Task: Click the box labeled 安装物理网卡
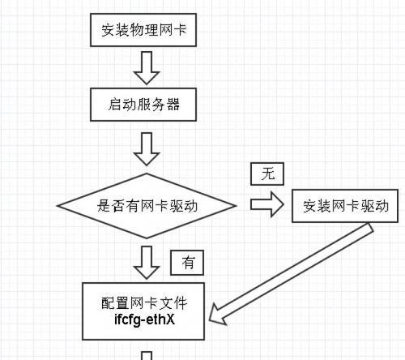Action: point(143,30)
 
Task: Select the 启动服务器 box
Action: point(143,105)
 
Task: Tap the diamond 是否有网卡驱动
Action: point(147,206)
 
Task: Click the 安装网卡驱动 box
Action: point(345,206)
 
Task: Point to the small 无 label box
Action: point(267,174)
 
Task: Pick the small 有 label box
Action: point(187,263)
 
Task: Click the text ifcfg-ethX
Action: point(144,319)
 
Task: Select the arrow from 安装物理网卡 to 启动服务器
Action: point(147,67)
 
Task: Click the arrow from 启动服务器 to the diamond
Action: point(147,149)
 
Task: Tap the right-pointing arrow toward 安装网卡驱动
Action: point(267,204)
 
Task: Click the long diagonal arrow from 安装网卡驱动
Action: point(291,274)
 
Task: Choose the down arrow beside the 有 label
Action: point(147,263)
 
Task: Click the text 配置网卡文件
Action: point(144,303)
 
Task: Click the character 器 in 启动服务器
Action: point(173,105)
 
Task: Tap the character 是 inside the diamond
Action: point(104,206)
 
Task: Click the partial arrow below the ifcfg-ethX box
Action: point(147,356)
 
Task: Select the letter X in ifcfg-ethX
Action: point(170,319)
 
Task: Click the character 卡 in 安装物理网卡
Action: point(180,30)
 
